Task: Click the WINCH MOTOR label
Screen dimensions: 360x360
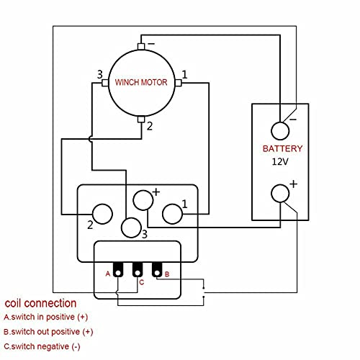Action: click(x=141, y=83)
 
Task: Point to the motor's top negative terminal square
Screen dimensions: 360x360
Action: click(x=141, y=47)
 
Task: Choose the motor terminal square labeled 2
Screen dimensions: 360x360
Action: click(x=141, y=119)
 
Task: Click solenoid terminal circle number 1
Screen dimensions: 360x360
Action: click(x=173, y=214)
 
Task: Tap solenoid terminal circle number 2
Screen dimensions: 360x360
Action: click(x=103, y=214)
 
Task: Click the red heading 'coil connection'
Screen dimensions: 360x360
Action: click(x=40, y=302)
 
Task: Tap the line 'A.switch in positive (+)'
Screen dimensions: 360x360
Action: click(x=47, y=317)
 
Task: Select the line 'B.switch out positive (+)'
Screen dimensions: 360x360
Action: click(x=49, y=332)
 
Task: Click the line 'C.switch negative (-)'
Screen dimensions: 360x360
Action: click(x=42, y=347)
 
